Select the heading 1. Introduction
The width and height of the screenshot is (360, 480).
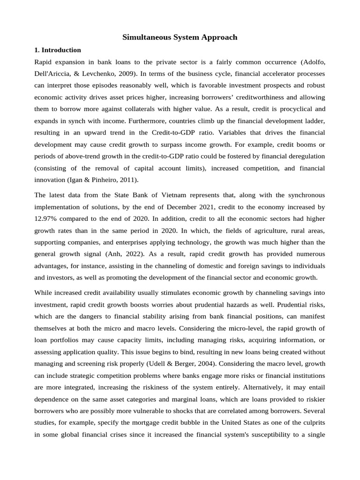pos(58,50)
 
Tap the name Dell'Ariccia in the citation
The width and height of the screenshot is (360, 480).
pos(55,74)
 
